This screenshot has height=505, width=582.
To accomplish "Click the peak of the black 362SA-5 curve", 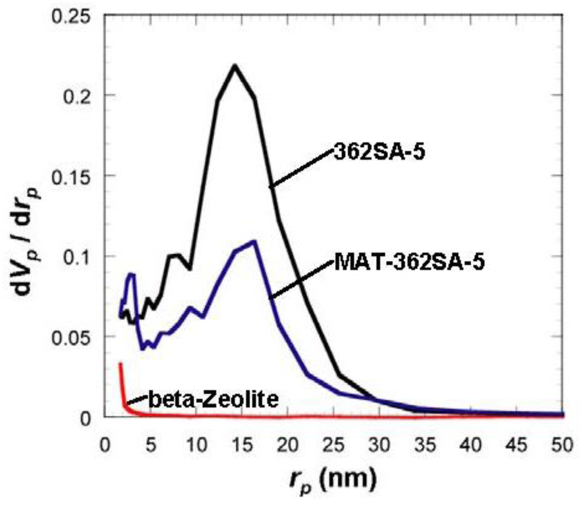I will (234, 65).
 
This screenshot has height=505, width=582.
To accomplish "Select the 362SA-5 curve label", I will (378, 153).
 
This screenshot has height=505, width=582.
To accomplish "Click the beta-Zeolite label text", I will (213, 400).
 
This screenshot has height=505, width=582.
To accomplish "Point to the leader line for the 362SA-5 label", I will (301, 169).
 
